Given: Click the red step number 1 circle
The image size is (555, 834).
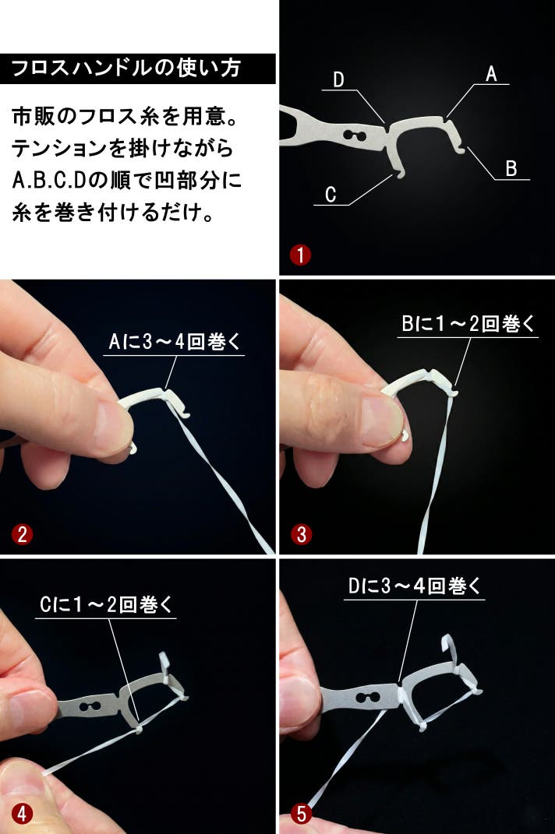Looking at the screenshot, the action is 300,255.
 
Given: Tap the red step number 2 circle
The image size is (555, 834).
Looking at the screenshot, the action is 22,534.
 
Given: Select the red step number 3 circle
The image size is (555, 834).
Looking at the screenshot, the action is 302,534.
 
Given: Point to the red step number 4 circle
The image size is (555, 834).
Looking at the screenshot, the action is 22,813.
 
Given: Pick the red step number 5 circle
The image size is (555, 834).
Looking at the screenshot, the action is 302,813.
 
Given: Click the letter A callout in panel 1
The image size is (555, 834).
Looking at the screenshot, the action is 491,74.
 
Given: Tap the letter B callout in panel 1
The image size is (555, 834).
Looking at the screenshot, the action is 511,169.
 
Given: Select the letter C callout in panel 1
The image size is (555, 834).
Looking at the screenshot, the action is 331,194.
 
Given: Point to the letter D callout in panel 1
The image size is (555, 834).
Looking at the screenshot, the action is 339,79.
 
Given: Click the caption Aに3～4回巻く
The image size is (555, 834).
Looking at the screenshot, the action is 174,342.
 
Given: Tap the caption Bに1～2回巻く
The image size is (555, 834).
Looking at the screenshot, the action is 467,323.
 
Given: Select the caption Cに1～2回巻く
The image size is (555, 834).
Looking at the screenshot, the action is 106,604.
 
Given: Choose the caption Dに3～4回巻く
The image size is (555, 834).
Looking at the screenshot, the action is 414,586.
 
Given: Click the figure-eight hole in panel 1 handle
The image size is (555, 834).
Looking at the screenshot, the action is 354,135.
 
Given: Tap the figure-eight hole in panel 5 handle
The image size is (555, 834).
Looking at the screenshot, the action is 367,696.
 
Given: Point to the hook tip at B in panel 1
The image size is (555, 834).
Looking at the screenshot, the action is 461,152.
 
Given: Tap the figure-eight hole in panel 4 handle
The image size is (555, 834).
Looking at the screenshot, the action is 90,706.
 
